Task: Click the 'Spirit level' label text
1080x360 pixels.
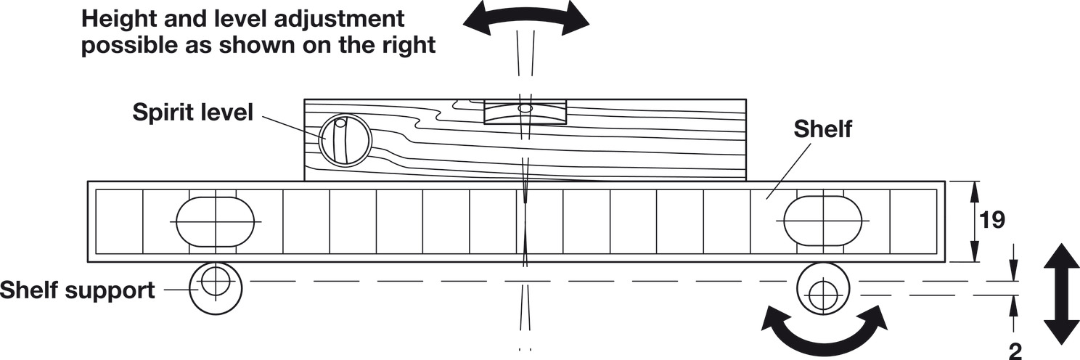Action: coord(192,112)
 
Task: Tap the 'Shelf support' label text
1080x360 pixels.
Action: coord(77,290)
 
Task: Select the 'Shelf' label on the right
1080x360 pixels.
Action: coord(822,130)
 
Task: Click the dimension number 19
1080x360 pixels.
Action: coord(991,221)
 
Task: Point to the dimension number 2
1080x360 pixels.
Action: coord(1015,351)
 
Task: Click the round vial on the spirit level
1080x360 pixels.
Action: coord(345,140)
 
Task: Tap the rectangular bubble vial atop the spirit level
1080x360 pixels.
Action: coord(524,112)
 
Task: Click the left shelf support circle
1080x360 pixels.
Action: coord(216,287)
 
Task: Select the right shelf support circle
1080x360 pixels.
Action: coord(822,294)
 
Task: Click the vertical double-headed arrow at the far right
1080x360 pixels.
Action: coord(1060,294)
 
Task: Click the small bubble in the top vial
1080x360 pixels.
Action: coord(525,109)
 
